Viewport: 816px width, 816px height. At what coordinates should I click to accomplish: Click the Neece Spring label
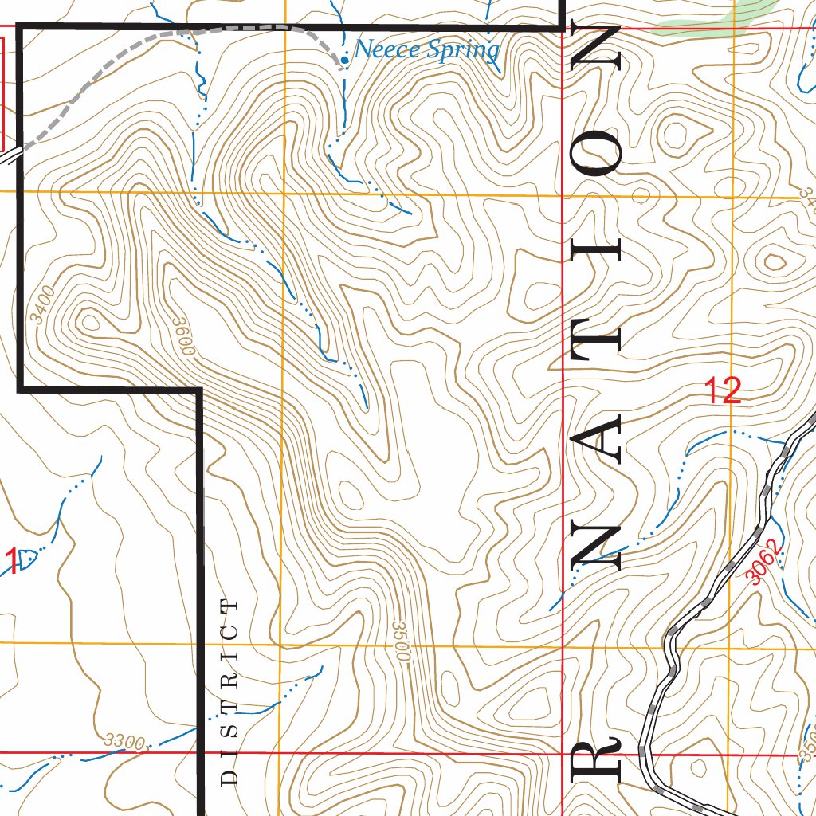pos(426,50)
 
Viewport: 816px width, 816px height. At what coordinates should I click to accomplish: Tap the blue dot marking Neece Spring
pos(344,59)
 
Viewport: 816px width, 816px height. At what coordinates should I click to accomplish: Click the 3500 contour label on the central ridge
pos(401,641)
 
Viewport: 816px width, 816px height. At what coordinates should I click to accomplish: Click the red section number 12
pos(723,391)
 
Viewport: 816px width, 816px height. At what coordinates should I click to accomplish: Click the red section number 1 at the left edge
pos(11,561)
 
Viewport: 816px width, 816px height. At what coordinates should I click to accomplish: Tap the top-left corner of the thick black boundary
pos(20,28)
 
